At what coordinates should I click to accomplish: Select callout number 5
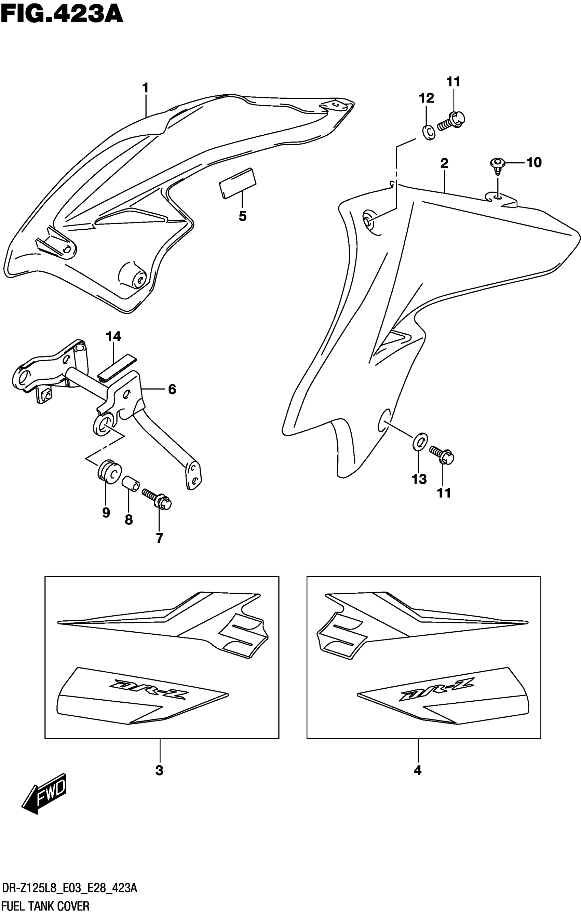[x=243, y=216]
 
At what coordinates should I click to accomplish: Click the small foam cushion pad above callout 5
[x=237, y=183]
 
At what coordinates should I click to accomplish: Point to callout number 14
[x=113, y=337]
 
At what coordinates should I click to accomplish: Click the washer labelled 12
[x=429, y=132]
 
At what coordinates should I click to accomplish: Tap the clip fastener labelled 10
[x=496, y=164]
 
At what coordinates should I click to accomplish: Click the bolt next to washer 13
[x=442, y=454]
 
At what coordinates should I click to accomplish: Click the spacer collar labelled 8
[x=130, y=484]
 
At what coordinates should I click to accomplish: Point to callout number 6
[x=172, y=390]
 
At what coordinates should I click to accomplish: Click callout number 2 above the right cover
[x=444, y=164]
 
